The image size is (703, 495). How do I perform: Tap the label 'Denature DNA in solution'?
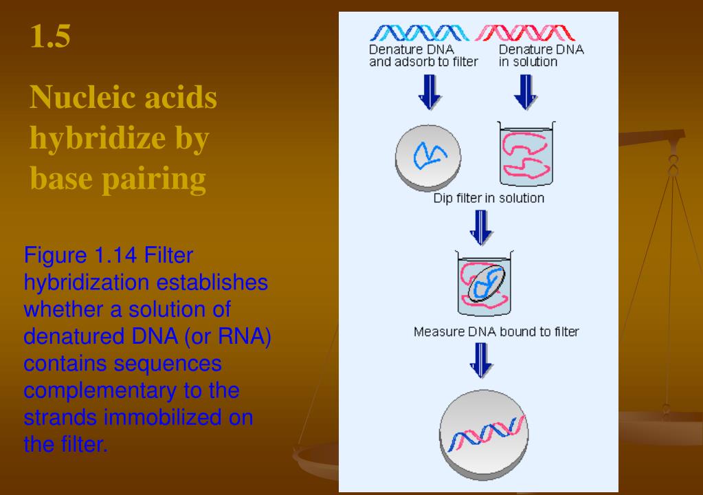537,56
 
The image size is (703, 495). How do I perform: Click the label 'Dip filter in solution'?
489,198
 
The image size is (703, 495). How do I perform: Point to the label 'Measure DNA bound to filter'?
496,332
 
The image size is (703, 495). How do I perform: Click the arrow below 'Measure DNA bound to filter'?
481,360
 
